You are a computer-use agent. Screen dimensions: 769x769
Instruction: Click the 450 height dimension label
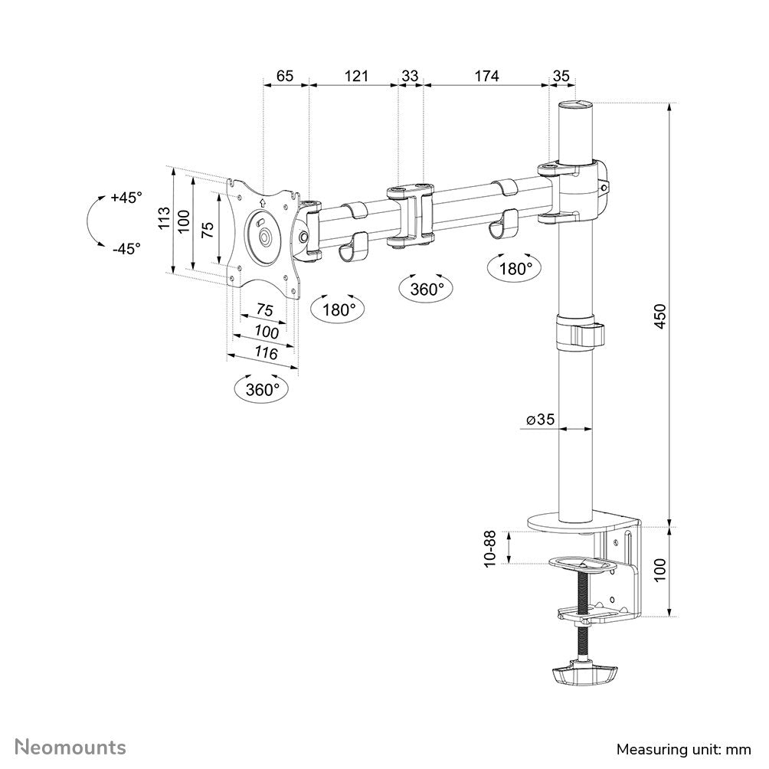click(x=660, y=316)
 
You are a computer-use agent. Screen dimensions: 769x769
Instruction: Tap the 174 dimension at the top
click(x=486, y=75)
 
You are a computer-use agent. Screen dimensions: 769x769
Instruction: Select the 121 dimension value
click(x=356, y=75)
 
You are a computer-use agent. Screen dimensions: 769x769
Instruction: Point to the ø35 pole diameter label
click(x=540, y=420)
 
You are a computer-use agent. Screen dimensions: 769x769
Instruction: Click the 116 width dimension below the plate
click(x=265, y=353)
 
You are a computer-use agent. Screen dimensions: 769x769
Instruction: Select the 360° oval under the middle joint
click(x=426, y=289)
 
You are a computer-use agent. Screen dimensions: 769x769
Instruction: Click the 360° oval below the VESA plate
click(x=263, y=389)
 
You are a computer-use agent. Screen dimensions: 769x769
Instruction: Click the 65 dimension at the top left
click(x=285, y=75)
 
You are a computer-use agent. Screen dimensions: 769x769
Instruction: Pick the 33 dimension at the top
click(x=410, y=75)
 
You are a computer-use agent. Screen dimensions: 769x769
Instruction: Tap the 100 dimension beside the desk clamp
click(x=660, y=571)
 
